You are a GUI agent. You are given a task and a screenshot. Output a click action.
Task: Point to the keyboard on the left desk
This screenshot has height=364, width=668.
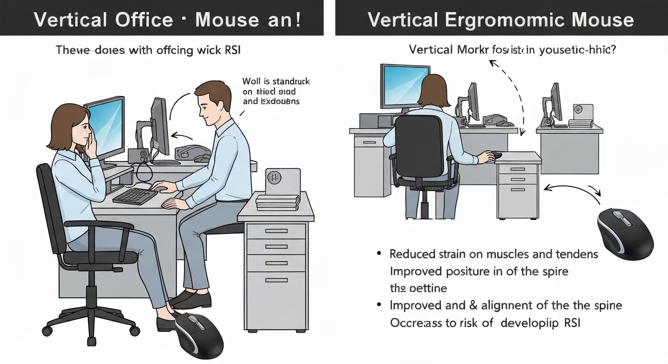(135, 195)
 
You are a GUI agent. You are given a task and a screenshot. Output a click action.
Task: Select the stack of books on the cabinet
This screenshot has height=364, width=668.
(278, 202)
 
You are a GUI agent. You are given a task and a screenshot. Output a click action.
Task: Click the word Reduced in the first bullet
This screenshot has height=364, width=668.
(412, 254)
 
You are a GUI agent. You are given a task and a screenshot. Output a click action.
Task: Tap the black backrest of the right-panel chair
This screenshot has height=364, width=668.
(419, 145)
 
